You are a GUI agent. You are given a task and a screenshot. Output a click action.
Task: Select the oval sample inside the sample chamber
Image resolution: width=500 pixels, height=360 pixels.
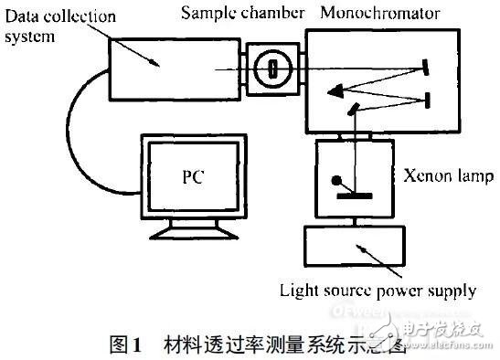(x=270, y=68)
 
